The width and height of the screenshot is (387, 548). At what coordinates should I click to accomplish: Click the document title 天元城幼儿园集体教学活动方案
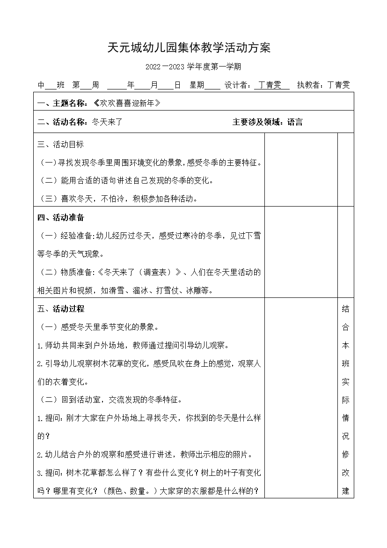(189, 48)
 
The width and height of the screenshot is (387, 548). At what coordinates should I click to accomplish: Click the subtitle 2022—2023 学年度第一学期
(193, 67)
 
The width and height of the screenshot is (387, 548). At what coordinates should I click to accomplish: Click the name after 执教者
(338, 85)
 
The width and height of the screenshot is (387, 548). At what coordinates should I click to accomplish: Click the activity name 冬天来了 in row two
(107, 122)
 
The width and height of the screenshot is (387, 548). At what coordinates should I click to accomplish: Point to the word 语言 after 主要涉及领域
(295, 122)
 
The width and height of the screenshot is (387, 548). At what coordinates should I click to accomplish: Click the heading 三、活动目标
(60, 145)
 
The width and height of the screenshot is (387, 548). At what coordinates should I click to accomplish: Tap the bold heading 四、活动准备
(60, 217)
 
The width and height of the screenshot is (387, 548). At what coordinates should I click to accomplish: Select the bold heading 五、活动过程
(60, 309)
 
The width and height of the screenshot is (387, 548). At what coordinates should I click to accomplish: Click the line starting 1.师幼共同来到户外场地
(133, 345)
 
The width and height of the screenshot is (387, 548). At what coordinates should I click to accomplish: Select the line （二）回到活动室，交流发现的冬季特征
(110, 400)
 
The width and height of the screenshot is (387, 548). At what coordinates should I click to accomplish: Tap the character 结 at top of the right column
(346, 309)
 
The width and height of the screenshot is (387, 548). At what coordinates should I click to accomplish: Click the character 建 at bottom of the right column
(346, 491)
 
